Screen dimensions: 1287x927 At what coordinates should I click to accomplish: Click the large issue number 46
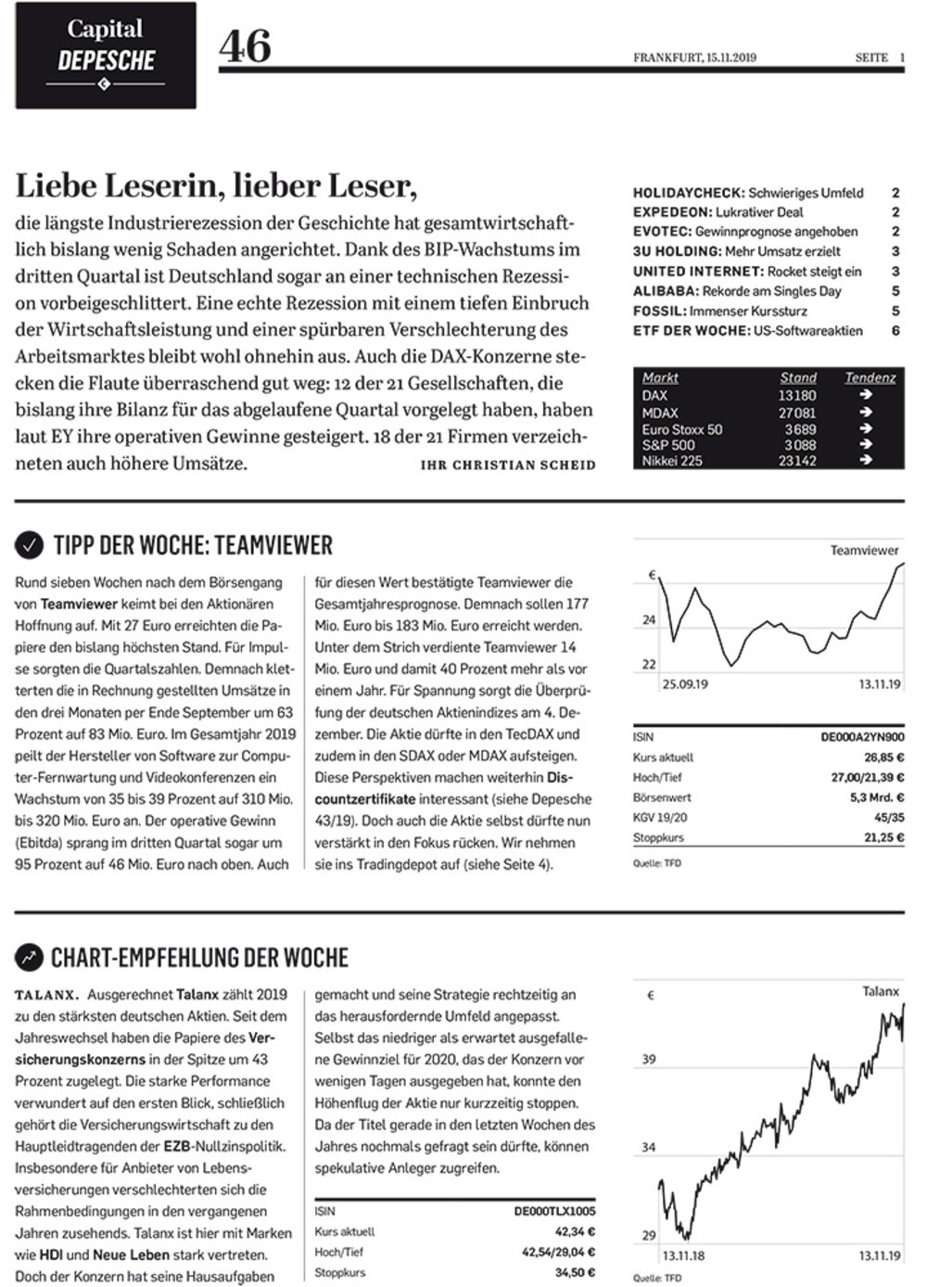coord(245,46)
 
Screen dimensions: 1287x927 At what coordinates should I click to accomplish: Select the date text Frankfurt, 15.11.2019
coord(694,57)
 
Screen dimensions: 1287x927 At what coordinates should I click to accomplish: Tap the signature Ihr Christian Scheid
coord(508,465)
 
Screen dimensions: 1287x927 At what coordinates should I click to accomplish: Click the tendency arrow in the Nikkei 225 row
coord(866,461)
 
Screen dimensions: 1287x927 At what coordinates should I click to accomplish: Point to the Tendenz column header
coord(870,377)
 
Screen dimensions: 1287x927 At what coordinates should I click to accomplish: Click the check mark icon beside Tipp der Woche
coord(31,545)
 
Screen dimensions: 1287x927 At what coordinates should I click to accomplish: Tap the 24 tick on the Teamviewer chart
coord(649,619)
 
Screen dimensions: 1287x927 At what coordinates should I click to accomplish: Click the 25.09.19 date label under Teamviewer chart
coord(685,684)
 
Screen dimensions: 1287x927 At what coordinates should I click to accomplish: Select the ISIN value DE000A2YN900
coord(862,737)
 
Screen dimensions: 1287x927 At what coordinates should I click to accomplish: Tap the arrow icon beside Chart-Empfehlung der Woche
coord(31,957)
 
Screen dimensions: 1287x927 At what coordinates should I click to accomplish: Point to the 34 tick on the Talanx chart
coord(649,1147)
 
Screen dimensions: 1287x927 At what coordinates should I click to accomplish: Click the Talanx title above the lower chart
coord(880,991)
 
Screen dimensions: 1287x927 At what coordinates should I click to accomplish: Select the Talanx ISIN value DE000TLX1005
coord(554,1211)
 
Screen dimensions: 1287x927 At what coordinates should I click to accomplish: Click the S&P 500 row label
coord(668,445)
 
